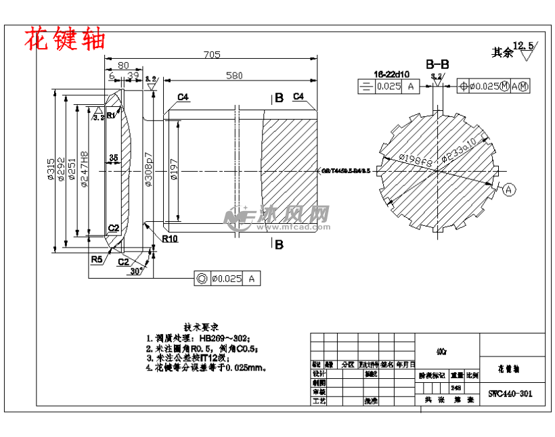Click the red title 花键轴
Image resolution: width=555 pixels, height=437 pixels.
65,39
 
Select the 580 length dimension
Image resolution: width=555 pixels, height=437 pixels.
234,76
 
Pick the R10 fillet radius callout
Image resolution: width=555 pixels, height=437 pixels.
169,239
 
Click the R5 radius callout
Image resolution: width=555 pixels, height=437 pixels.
97,259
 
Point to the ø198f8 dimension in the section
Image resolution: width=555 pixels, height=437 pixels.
416,160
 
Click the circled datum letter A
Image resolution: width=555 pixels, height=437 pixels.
509,188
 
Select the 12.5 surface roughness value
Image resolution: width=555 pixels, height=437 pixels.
523,45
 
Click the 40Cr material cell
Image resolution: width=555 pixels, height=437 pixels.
441,351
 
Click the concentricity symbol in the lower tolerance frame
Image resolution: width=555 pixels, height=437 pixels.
201,278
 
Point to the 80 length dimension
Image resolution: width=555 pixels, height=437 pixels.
123,66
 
